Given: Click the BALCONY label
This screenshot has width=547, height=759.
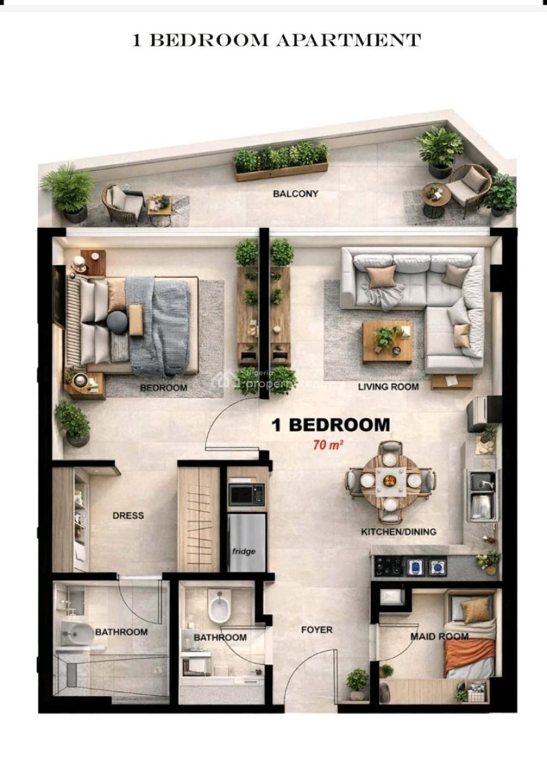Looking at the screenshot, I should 295,194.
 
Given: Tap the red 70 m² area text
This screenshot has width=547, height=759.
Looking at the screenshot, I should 328,445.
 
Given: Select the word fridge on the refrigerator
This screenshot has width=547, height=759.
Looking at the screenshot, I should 243,552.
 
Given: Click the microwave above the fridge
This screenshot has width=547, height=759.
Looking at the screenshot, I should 246,495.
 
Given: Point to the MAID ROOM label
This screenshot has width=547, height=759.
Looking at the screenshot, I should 439,636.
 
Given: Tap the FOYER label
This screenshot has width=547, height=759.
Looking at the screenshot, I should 316,630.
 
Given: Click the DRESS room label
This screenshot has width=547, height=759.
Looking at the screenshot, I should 128,515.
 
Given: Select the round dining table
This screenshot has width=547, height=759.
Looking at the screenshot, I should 390,481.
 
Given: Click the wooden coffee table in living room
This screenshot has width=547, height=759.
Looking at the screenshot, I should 387,340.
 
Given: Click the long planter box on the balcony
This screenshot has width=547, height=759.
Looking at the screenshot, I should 281,163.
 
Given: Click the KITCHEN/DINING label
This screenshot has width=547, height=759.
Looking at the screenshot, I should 398,532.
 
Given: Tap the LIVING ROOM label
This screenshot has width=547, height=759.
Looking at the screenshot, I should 388,386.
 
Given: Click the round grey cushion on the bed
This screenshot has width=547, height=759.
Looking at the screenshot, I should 117,323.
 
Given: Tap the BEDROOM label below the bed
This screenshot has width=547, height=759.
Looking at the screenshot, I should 163,387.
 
